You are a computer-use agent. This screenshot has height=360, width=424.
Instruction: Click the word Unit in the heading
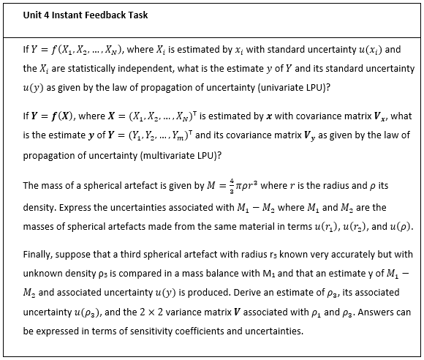click(x=34, y=15)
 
